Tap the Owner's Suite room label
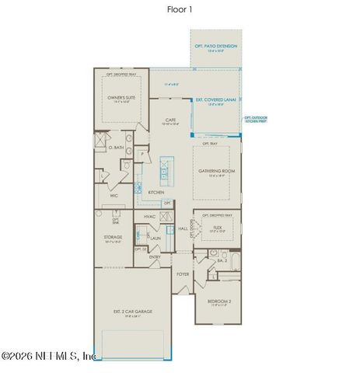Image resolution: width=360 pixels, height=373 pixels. click(x=122, y=98)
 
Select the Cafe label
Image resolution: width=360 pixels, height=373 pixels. click(x=170, y=119)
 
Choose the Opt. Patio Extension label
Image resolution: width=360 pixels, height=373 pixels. click(x=215, y=48)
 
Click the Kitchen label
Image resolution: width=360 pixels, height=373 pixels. click(x=156, y=191)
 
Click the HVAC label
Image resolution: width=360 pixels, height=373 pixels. click(x=150, y=217)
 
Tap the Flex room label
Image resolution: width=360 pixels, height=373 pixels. click(x=218, y=228)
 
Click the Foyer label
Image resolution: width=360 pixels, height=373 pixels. click(x=183, y=274)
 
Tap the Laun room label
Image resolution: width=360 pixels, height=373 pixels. click(x=156, y=238)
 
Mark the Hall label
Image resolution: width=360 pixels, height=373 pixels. click(x=183, y=229)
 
